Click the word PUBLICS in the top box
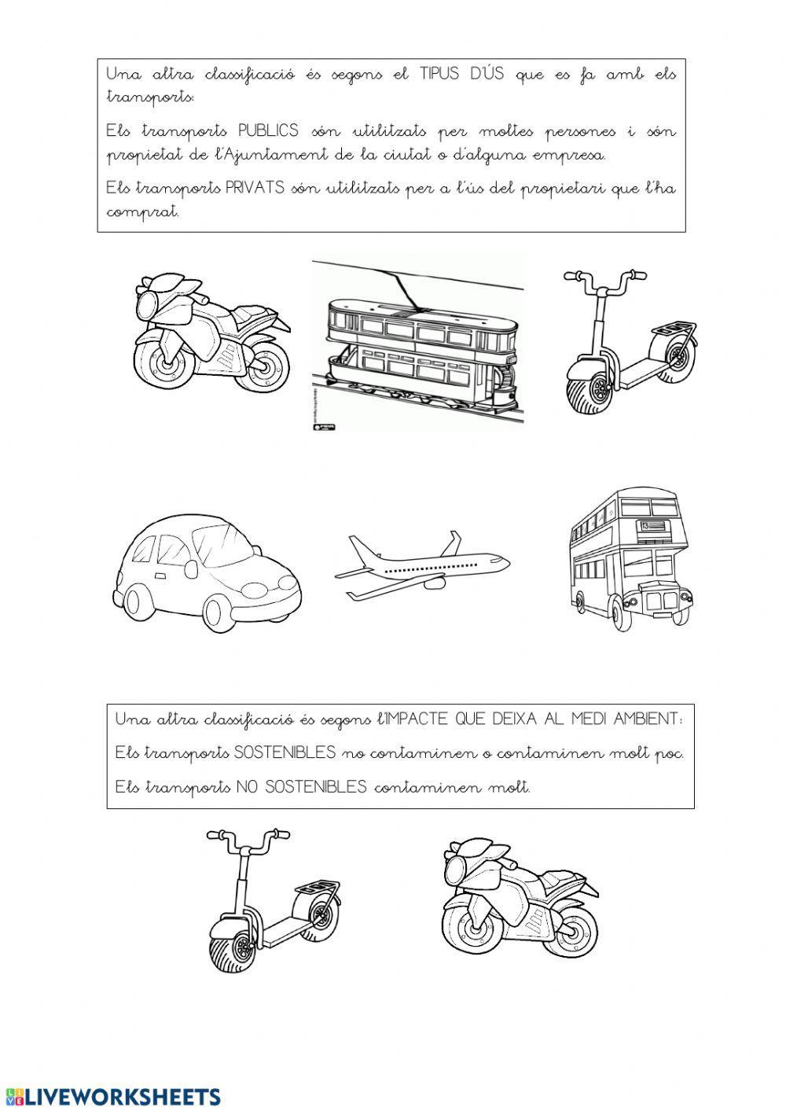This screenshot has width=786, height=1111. pos(268,131)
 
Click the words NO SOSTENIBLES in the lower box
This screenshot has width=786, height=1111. pos(301,787)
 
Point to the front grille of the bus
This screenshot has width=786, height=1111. pos(660,600)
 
